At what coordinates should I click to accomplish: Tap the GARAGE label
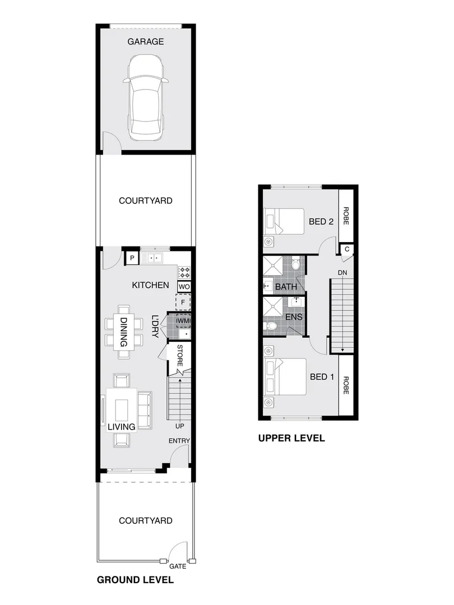[145, 41]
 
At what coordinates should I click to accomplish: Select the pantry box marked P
[132, 258]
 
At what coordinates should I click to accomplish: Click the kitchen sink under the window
[151, 258]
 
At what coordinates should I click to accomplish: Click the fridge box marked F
[184, 303]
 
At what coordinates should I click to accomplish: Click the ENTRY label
[179, 441]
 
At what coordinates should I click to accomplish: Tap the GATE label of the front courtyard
[178, 566]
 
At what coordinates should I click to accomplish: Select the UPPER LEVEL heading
[291, 439]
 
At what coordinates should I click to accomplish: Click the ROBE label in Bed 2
[346, 216]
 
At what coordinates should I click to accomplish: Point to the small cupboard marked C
[347, 249]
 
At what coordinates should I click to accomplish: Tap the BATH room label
[286, 287]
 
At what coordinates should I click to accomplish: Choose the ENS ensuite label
[295, 317]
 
